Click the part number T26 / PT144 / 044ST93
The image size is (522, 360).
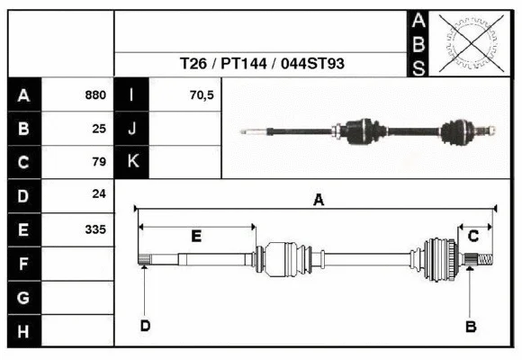point(262,64)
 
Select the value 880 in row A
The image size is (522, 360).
point(95,94)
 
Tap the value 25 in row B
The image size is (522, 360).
point(99,128)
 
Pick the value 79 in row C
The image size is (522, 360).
point(99,162)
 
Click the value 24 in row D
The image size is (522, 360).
point(99,193)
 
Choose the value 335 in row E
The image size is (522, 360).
point(95,229)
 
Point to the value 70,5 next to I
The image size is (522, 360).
point(202,94)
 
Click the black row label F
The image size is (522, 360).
point(23,264)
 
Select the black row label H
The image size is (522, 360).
point(23,331)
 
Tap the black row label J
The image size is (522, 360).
point(131,128)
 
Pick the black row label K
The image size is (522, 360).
point(131,162)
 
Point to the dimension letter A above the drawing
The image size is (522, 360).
point(318,201)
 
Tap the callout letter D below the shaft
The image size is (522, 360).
point(144,325)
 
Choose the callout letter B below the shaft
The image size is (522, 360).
point(470,325)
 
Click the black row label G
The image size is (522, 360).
point(23,297)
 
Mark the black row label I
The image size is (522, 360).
point(131,94)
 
